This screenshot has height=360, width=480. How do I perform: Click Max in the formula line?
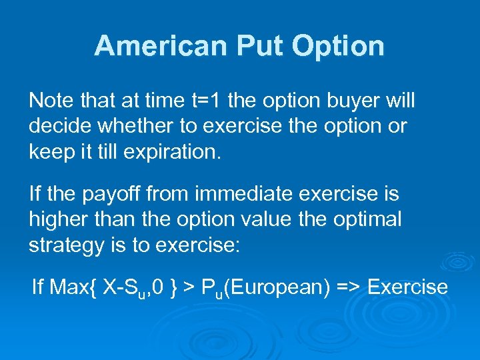tap(66, 287)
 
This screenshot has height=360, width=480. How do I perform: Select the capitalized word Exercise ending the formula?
tap(407, 287)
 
